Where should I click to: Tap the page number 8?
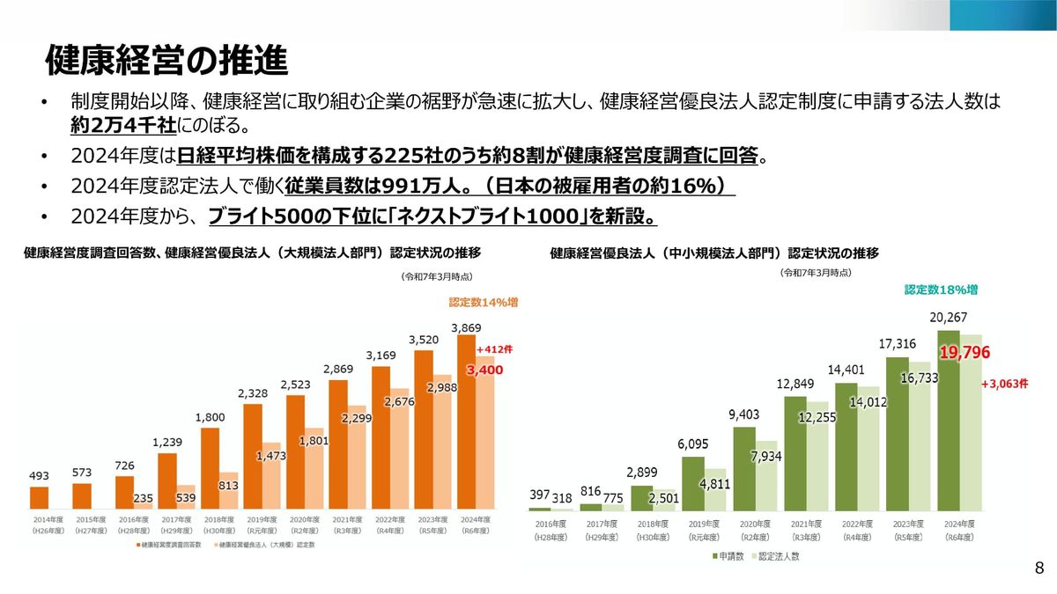pyautogui.click(x=1039, y=568)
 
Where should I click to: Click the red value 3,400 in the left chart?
pyautogui.click(x=484, y=370)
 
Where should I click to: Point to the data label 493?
pyautogui.click(x=39, y=476)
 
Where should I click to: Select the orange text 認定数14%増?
pyautogui.click(x=483, y=302)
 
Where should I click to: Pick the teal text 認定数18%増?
pyautogui.click(x=941, y=290)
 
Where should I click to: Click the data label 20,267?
pyautogui.click(x=948, y=319)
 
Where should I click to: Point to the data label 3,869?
pyautogui.click(x=466, y=327)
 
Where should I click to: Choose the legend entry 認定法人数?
pyautogui.click(x=776, y=556)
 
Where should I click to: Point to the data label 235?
pyautogui.click(x=143, y=498)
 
